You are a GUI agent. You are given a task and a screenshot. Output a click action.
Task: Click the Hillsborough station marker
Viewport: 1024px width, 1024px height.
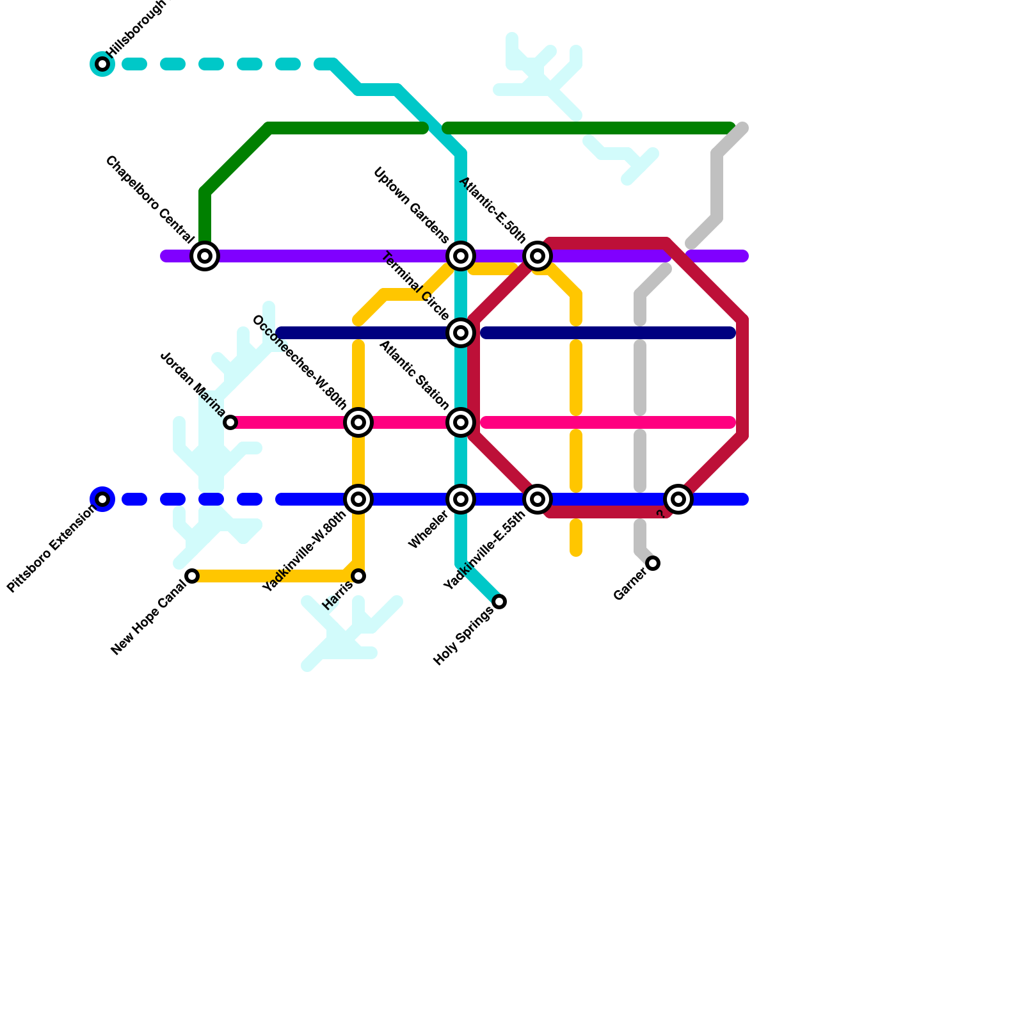(x=102, y=64)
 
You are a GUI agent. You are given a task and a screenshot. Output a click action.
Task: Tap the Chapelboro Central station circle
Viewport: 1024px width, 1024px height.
(x=205, y=256)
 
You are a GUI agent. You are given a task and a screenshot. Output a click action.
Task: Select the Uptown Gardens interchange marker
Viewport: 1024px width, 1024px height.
(x=461, y=256)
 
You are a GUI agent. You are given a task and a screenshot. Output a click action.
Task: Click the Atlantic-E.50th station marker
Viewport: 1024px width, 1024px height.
(x=538, y=256)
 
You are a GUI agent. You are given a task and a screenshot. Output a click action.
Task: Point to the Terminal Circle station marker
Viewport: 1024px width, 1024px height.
(x=461, y=333)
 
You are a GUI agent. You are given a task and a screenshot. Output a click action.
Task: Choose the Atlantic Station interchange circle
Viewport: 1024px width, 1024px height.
(x=461, y=422)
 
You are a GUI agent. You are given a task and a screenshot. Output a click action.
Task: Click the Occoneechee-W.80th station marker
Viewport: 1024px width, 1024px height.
(x=358, y=422)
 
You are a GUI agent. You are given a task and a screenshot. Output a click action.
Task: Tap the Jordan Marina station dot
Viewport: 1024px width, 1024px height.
(x=230, y=422)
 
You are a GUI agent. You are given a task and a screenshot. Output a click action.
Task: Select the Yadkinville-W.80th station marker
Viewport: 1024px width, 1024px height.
(x=358, y=499)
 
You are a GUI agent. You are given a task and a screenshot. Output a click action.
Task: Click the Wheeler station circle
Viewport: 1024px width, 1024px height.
(x=461, y=499)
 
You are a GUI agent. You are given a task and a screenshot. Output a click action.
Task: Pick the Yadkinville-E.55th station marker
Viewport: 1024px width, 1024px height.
(x=538, y=499)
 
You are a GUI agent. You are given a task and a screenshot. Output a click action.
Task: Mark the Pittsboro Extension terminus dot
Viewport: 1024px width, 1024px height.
(x=102, y=499)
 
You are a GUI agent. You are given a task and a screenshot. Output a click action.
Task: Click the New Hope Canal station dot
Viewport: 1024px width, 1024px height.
(x=192, y=576)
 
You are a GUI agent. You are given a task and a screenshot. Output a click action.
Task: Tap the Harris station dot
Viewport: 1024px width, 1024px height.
(x=358, y=576)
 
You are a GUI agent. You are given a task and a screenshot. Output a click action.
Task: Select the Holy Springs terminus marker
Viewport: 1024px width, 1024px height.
(x=499, y=602)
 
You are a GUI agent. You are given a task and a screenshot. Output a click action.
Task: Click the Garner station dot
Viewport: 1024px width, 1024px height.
(x=653, y=563)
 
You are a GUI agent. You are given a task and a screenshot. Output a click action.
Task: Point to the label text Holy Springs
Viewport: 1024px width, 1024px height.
(x=463, y=636)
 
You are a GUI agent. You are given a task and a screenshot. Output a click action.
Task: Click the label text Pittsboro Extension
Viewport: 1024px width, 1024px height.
(x=51, y=551)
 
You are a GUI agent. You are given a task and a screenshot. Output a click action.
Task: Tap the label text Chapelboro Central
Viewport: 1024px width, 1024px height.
(x=150, y=200)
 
